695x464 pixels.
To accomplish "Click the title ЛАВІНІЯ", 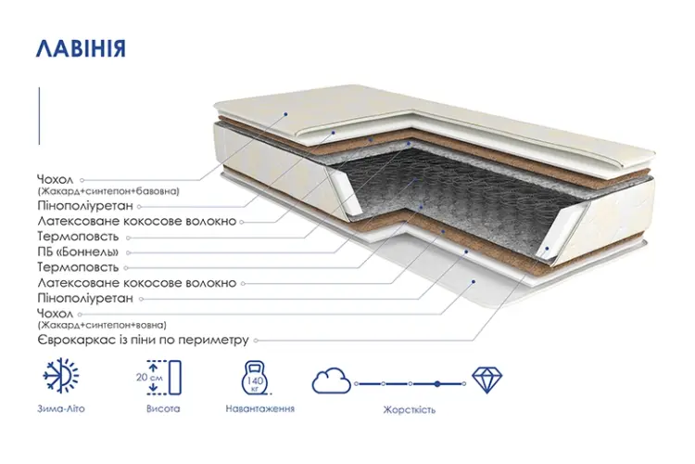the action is tap(82, 48).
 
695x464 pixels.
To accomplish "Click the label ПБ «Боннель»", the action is tap(78, 251).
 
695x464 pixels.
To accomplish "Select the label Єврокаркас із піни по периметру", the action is tap(143, 341).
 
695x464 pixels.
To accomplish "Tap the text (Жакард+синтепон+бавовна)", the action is tap(108, 191).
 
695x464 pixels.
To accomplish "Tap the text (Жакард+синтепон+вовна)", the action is tap(102, 325).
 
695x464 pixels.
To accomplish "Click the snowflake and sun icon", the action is tap(61, 375).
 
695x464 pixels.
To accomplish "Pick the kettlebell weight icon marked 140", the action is tap(255, 378).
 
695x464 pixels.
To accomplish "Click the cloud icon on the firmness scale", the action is tap(331, 380).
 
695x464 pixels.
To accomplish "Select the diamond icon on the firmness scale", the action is tap(486, 380).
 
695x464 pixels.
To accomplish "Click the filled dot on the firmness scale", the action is tap(437, 383).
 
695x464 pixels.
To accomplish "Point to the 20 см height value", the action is tap(149, 378).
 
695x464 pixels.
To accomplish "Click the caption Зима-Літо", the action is tap(61, 408).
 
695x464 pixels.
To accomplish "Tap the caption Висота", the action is tap(163, 408).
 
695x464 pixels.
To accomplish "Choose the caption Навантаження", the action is tap(259, 408).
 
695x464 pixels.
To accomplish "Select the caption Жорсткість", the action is tap(409, 409).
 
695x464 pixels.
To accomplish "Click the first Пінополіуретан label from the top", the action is tap(85, 206).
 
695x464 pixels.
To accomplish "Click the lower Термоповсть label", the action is tap(78, 267).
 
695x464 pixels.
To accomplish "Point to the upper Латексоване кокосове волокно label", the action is tap(137, 221).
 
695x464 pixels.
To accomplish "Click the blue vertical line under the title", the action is tap(39, 116).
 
